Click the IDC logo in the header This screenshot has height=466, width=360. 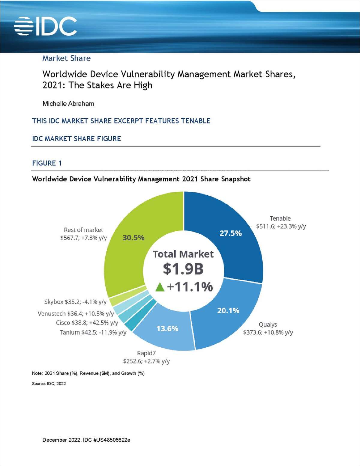click(45, 26)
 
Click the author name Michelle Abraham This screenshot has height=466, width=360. click(68, 104)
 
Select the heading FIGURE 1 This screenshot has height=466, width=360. click(47, 163)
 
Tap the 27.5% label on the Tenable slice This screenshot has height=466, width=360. click(230, 233)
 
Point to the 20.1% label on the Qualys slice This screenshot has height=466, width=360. click(228, 310)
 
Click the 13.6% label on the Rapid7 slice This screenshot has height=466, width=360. click(167, 328)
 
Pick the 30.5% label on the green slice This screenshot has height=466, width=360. click(133, 238)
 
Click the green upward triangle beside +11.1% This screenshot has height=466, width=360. click(160, 287)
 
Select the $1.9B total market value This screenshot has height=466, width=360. click(183, 269)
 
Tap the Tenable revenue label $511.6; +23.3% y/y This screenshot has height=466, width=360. click(281, 226)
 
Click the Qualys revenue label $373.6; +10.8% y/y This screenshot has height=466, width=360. click(268, 332)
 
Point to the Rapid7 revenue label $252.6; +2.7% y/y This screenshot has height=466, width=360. click(146, 361)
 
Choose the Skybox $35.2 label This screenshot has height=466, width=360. click(75, 302)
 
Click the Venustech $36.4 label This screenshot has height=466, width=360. click(76, 314)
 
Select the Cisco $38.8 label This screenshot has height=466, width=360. click(87, 323)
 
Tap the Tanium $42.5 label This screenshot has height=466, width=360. click(93, 332)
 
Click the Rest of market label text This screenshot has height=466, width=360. click(83, 230)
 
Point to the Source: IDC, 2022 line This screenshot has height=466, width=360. click(49, 384)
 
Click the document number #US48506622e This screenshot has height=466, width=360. click(112, 440)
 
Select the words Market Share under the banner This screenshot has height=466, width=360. click(66, 58)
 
